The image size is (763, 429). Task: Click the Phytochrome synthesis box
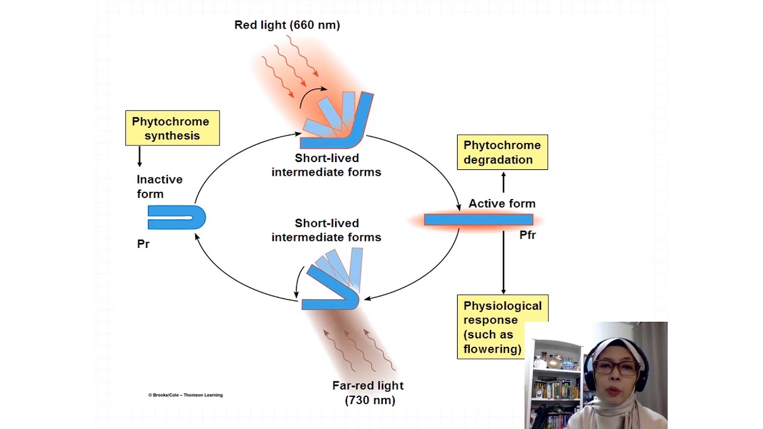click(172, 128)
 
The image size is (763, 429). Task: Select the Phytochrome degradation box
click(502, 153)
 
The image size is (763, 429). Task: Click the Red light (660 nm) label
click(287, 25)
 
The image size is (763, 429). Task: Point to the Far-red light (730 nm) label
click(368, 393)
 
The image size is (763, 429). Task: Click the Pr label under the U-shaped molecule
click(143, 244)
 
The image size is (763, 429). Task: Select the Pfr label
click(528, 235)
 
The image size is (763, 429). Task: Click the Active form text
click(502, 204)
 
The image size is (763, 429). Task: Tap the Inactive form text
click(159, 186)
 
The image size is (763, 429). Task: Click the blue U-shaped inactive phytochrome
click(176, 217)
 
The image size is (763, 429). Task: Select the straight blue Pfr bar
click(478, 220)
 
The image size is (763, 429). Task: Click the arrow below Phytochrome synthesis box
click(139, 156)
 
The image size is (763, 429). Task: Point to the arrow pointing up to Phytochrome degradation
click(503, 182)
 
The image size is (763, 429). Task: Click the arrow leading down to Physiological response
click(503, 262)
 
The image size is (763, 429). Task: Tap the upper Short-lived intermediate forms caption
click(326, 165)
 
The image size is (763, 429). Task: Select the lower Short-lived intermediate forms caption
click(326, 230)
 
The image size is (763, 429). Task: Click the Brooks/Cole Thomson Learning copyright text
click(185, 395)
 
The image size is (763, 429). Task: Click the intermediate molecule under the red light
click(338, 122)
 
